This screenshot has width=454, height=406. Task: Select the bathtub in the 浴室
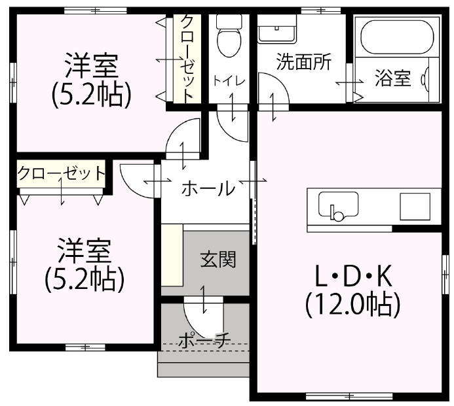[396, 35]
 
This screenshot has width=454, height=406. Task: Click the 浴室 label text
[393, 79]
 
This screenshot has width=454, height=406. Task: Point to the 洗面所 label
[303, 62]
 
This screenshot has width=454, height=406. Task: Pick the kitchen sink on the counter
[338, 206]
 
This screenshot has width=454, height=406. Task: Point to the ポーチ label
[204, 340]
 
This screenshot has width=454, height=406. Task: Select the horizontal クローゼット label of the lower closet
[61, 174]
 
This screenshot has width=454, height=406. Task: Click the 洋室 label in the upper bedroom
[91, 67]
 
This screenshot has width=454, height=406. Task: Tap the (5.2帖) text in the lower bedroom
[85, 280]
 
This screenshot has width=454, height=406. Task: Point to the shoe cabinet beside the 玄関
[172, 255]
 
